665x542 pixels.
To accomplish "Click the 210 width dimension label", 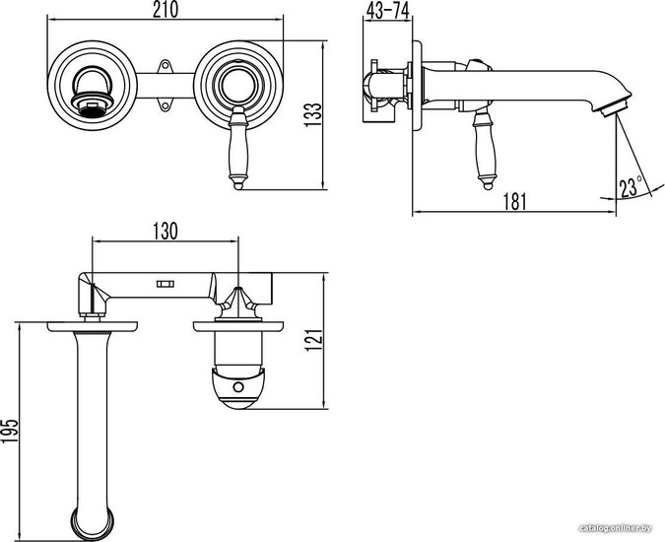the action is coord(166,10).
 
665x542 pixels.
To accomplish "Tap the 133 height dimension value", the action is coord(313,114).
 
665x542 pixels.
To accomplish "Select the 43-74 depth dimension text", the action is coord(387,10).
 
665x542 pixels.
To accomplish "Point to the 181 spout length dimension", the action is coord(514,201).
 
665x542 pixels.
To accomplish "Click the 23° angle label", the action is coord(631,187).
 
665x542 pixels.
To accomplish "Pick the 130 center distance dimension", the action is coord(166,232).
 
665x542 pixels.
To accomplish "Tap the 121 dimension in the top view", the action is coord(314,340).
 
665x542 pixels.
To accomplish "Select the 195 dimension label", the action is coord(10,431).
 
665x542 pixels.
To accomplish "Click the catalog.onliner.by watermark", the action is coord(616,528).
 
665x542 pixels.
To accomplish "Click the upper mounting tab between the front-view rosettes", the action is coord(165,66).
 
